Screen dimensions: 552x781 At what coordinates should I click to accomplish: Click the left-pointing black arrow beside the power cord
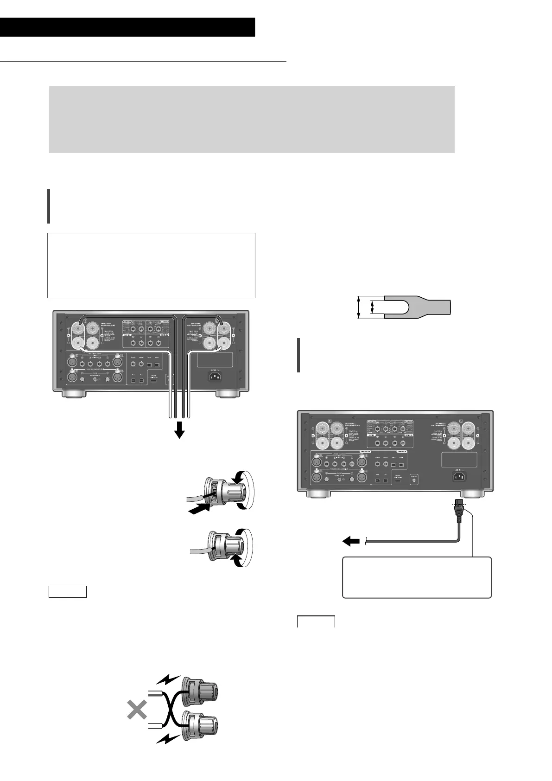coord(350,539)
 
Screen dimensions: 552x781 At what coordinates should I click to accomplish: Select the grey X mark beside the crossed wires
coord(137,710)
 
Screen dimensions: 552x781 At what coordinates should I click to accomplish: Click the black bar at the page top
coord(127,27)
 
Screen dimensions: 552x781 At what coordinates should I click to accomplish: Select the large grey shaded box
coord(252,119)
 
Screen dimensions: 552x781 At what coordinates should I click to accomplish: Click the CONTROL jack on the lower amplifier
coord(414,480)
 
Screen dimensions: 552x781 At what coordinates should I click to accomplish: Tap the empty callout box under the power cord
coord(416,577)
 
